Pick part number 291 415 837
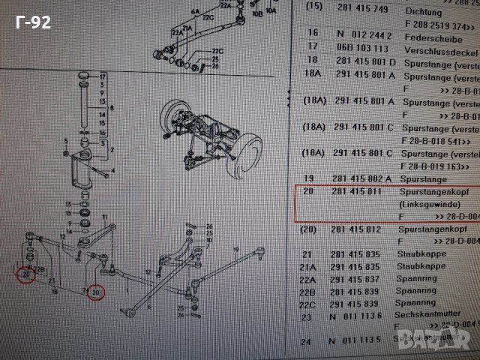pos(356,279)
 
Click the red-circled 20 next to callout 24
pos(95,292)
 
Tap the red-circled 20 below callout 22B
pos(26,275)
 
